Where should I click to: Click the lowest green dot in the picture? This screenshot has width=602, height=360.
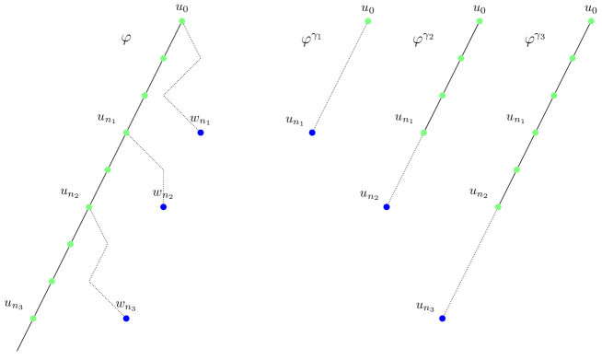point(33,319)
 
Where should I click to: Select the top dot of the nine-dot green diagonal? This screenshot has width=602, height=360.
point(182,21)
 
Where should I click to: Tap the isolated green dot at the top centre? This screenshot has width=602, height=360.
point(368,21)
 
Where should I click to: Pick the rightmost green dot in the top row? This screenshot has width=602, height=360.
point(591,21)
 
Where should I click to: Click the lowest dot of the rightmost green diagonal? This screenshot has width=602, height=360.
point(498,207)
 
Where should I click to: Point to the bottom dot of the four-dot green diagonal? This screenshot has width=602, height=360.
point(423,133)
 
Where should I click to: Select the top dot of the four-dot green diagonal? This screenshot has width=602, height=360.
point(480,21)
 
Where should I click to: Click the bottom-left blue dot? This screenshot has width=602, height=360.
point(126,319)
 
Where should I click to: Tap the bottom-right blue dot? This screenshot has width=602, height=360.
point(442,319)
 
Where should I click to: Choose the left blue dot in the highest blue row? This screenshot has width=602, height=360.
point(201,133)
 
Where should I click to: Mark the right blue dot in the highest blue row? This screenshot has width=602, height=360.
point(312,133)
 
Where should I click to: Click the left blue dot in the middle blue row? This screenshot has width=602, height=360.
point(163,207)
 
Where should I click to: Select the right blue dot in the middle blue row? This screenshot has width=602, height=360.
point(386,207)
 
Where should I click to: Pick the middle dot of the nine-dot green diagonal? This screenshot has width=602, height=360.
point(108,169)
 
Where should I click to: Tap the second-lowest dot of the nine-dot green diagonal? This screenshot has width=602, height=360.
point(52,281)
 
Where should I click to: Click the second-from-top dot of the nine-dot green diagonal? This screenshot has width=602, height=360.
point(164,58)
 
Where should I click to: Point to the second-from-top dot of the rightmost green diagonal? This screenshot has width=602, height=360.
point(573,58)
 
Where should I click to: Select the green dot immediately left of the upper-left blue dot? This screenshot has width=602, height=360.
point(126,133)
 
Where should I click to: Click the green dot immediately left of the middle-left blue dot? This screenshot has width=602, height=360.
point(89,207)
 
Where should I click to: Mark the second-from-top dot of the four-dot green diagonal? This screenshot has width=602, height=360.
point(461,58)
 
